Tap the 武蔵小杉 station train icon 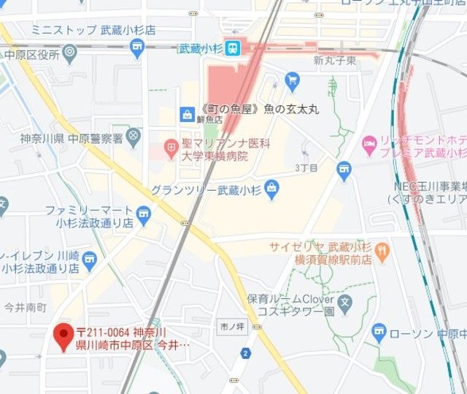click(233, 49)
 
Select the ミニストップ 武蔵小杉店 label click(93, 30)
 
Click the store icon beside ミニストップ click(136, 48)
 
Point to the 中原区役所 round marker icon click(70, 52)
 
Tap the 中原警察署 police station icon click(134, 135)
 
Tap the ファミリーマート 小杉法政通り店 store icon click(143, 213)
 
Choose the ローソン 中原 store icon click(379, 333)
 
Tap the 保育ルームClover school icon click(345, 301)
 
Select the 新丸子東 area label click(334, 60)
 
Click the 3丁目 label click(306, 168)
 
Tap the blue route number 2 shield click(246, 354)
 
